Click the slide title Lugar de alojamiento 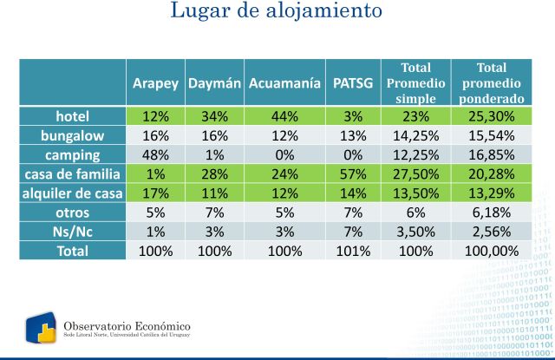pyautogui.click(x=277, y=12)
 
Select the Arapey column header pyautogui.click(x=155, y=84)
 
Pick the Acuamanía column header pyautogui.click(x=284, y=84)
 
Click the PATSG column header pyautogui.click(x=353, y=84)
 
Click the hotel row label pyautogui.click(x=72, y=116)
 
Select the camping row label pyautogui.click(x=72, y=154)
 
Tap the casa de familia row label pyautogui.click(x=72, y=173)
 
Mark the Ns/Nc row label pyautogui.click(x=72, y=231)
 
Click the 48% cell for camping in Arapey pyautogui.click(x=155, y=154)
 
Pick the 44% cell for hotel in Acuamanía pyautogui.click(x=284, y=116)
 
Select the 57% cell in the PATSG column pyautogui.click(x=353, y=173)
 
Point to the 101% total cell pyautogui.click(x=353, y=250)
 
